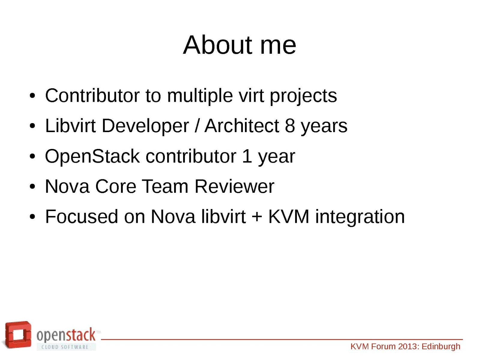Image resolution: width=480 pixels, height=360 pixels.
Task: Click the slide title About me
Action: (x=240, y=45)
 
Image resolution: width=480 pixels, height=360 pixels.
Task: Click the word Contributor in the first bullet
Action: (x=92, y=95)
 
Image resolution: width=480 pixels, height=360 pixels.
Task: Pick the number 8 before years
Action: (x=290, y=126)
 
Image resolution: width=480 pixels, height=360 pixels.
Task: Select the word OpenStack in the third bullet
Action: (x=92, y=156)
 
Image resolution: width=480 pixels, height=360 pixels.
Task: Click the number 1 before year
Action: (x=247, y=156)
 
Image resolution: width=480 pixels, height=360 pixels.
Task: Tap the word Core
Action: (x=116, y=186)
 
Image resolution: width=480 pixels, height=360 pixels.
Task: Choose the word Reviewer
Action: (x=234, y=186)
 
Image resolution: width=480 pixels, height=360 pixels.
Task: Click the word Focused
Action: (x=82, y=217)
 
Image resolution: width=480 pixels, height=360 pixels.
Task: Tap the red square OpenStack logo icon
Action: (x=17, y=335)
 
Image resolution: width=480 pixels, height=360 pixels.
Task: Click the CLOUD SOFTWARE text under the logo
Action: (x=65, y=347)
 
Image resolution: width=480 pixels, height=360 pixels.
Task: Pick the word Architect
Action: (x=242, y=126)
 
